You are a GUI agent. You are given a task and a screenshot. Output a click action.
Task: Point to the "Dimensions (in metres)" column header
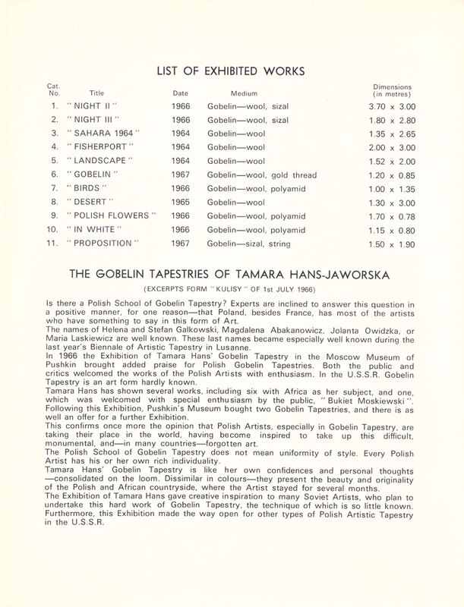[x=390, y=90]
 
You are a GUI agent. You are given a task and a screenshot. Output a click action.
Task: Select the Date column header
[x=181, y=94]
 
